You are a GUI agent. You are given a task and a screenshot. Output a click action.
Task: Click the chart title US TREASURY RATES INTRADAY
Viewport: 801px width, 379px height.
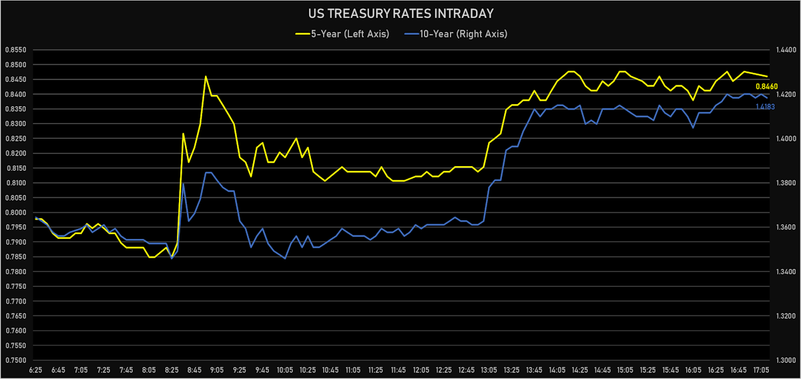coord(400,13)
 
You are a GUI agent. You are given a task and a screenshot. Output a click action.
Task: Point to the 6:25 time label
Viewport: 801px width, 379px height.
coord(35,370)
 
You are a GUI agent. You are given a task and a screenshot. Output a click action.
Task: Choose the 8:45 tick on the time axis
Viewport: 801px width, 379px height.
coord(195,370)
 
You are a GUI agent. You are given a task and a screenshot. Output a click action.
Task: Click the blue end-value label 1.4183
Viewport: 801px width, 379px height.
coord(765,107)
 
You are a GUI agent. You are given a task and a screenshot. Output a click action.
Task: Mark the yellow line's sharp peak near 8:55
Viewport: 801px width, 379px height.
coord(206,77)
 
